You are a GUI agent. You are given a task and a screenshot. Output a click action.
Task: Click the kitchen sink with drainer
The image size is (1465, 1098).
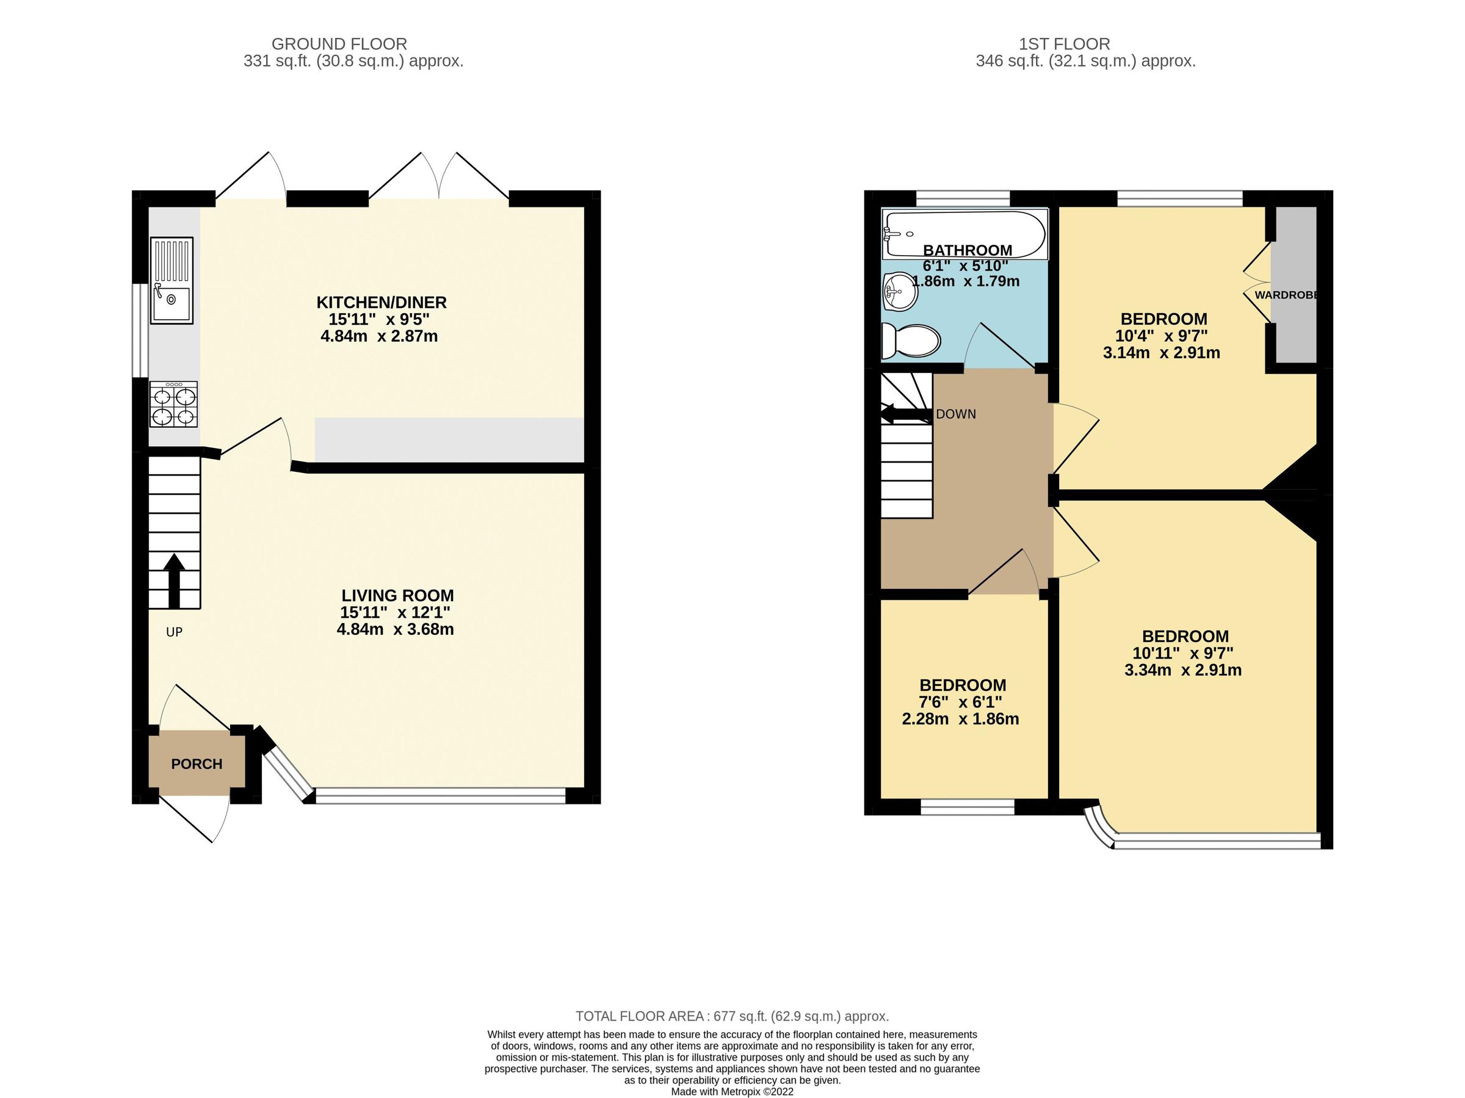(x=172, y=280)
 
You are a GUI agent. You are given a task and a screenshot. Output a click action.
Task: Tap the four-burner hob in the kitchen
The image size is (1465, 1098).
(x=174, y=404)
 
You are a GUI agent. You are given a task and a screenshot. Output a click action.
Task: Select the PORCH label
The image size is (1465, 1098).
(x=197, y=764)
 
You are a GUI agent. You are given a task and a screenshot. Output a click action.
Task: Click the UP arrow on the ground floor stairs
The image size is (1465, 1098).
(x=174, y=580)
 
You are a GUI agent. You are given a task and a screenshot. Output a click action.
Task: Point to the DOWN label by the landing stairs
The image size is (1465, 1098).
(x=956, y=414)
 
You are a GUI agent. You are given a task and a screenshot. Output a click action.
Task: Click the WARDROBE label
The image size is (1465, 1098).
(x=1286, y=295)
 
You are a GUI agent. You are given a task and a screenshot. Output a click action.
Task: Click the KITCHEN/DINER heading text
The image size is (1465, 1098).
(x=382, y=303)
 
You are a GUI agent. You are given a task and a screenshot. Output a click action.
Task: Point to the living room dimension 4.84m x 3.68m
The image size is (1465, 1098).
(x=396, y=629)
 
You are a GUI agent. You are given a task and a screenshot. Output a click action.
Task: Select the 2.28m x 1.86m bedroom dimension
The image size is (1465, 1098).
(x=960, y=718)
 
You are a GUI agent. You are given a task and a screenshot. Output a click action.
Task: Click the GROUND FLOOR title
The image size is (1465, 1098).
(x=339, y=44)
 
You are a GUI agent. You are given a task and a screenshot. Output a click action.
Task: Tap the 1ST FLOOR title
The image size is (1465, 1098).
(x=1065, y=44)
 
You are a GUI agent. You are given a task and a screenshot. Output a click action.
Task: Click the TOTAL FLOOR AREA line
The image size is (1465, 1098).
(x=732, y=1016)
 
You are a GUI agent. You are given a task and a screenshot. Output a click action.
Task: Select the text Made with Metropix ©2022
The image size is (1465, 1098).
(x=732, y=1092)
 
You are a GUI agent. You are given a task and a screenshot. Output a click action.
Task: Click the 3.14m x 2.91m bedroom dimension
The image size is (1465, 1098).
(x=1162, y=353)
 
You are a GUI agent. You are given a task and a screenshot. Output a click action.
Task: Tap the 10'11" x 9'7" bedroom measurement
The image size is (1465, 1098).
(x=1183, y=653)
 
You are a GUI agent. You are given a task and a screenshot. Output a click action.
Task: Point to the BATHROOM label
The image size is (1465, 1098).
(x=968, y=250)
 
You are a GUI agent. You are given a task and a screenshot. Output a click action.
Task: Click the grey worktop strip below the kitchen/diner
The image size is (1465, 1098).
(x=449, y=439)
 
